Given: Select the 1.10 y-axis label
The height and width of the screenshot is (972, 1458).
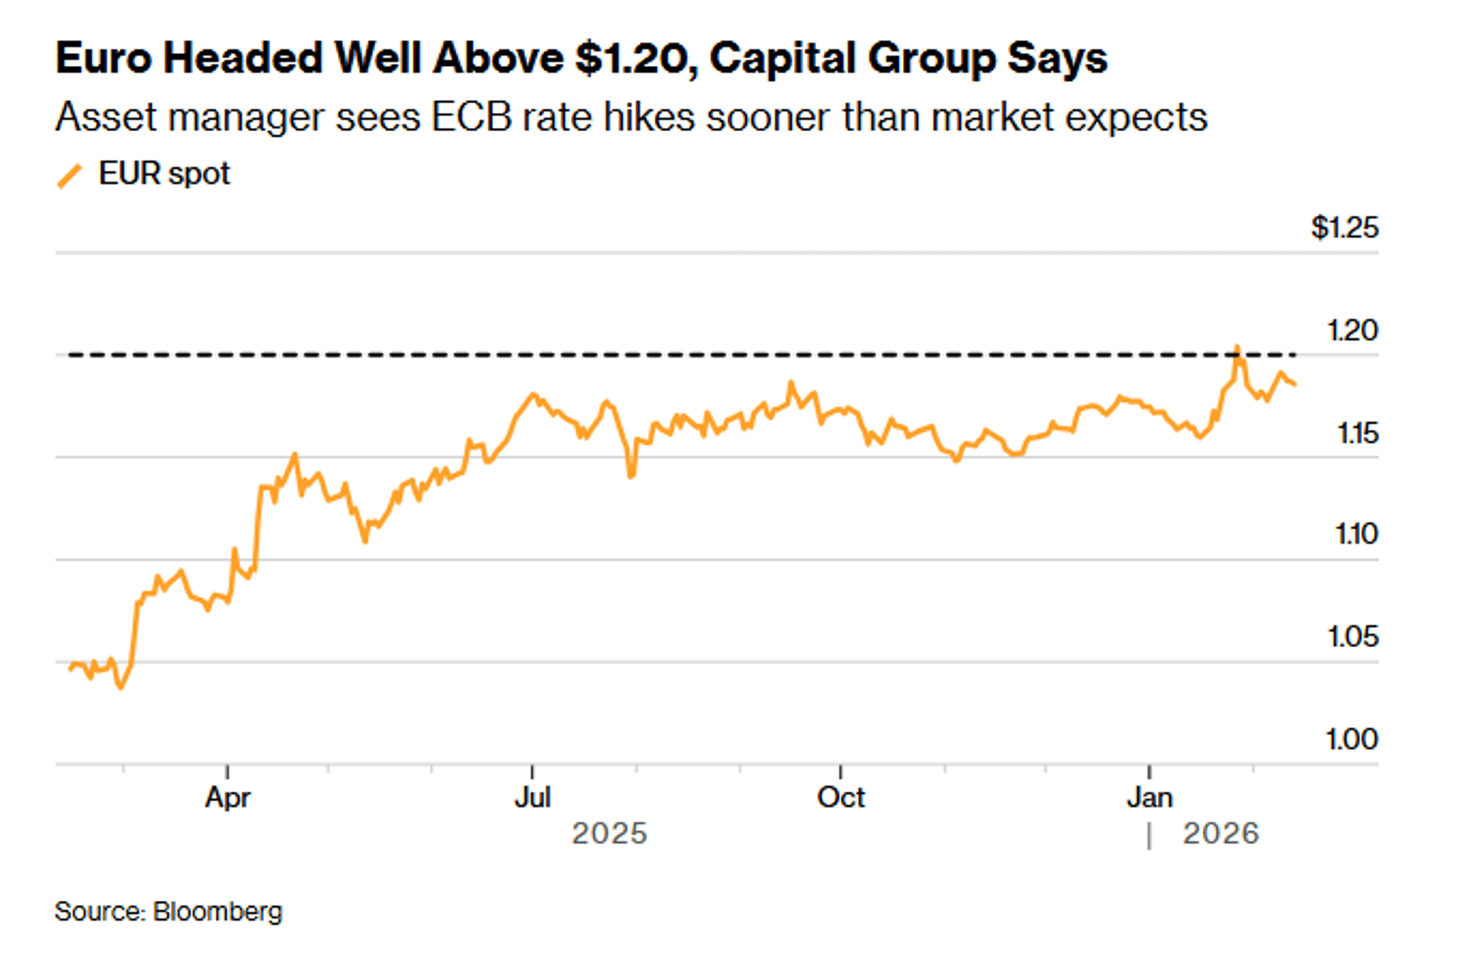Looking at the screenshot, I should point(1356,534).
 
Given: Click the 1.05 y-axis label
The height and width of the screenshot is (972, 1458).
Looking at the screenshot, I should point(1352,637).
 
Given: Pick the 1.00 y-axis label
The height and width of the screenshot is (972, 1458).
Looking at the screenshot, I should point(1351,740).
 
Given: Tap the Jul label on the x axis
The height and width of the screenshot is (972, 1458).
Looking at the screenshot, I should point(532,798).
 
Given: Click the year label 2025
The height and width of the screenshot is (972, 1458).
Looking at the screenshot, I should point(609,834).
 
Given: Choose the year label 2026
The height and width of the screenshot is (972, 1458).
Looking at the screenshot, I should point(1221,834).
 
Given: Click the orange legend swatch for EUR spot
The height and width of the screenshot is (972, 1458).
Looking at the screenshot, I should point(69,175).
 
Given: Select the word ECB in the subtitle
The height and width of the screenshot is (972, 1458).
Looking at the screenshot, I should point(472,117).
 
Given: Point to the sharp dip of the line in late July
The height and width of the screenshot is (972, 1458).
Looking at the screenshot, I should point(631,476).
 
